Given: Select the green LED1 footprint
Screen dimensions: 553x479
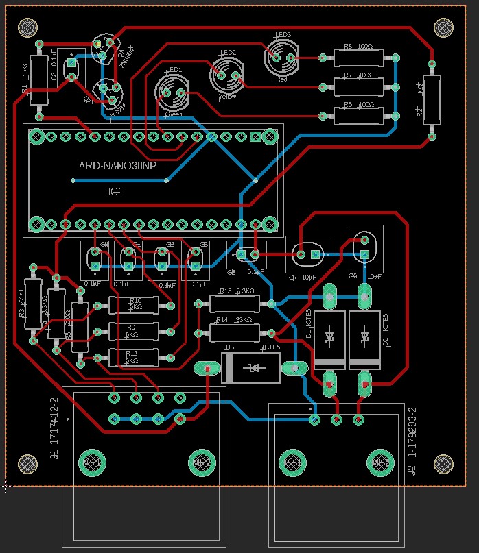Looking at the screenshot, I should [x=170, y=91].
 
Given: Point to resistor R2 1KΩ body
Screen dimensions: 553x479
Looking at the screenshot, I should [x=431, y=100].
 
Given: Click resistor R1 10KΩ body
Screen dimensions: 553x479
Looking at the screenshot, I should [x=39, y=79].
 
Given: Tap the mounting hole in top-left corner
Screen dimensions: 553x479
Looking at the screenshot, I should [x=28, y=27].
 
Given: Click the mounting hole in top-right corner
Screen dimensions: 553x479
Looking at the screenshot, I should [x=445, y=27].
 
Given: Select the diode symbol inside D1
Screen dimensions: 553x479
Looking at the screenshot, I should [x=329, y=336].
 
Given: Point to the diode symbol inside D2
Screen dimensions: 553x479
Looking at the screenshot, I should [x=364, y=336].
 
